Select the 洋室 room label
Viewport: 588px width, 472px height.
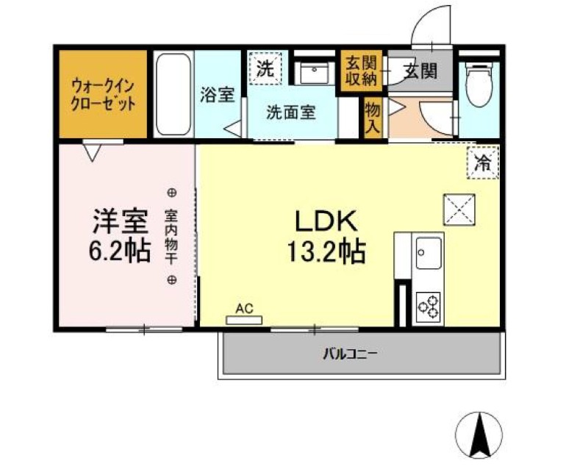(121, 220)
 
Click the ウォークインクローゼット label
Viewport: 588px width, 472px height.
(103, 94)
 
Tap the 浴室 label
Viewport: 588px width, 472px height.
(218, 95)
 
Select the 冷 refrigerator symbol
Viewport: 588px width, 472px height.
(483, 161)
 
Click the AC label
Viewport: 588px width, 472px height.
(245, 310)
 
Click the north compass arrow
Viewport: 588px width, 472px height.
(481, 433)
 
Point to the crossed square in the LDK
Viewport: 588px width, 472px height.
(459, 210)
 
